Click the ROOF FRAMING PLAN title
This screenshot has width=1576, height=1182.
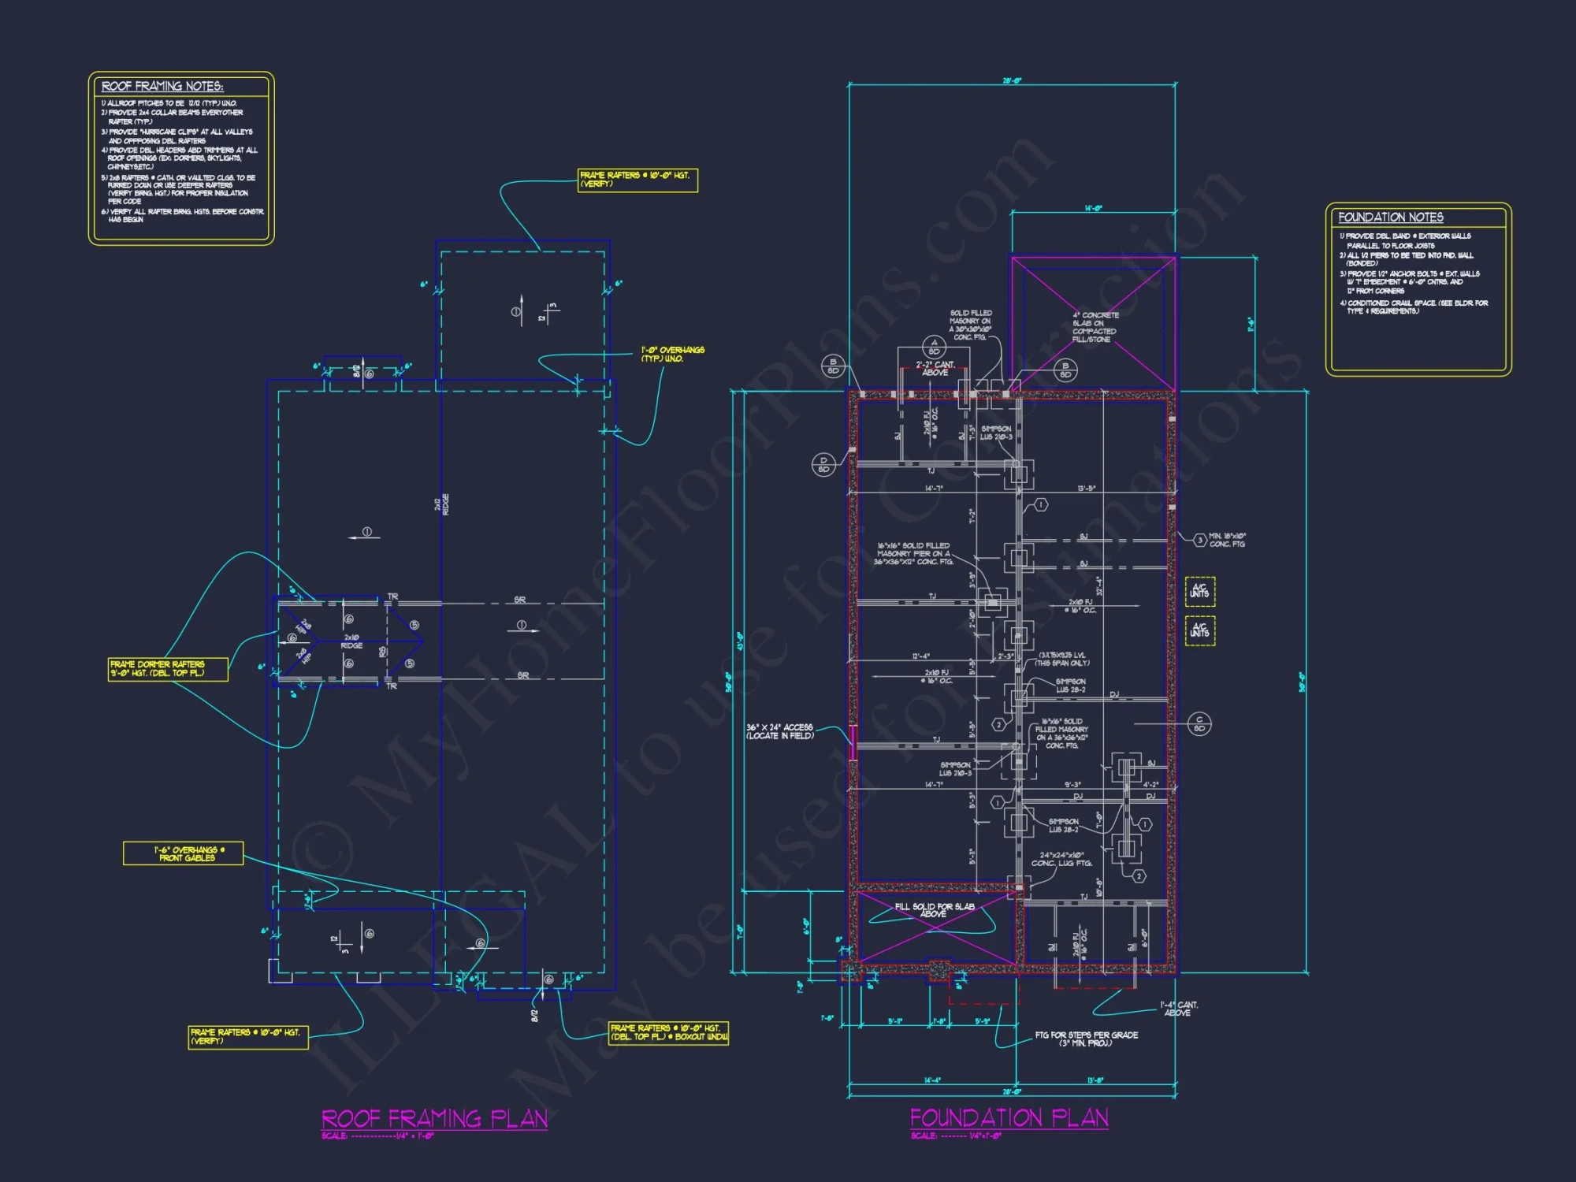434,1119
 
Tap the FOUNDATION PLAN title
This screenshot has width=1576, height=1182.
1009,1118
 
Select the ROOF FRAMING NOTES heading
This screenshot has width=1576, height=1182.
162,87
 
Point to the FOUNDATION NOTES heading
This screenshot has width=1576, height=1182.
1391,217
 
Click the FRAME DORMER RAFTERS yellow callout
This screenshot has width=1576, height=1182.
168,669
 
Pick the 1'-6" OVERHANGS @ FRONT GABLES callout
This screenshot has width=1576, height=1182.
184,853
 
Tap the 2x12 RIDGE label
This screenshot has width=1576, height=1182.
442,504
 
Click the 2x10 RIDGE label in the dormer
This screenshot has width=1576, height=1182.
351,641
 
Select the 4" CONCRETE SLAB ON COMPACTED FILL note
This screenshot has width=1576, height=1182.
1095,327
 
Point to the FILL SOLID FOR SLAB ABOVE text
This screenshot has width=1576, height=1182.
934,910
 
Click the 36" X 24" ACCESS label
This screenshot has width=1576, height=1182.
780,731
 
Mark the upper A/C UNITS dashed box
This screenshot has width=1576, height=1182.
1199,591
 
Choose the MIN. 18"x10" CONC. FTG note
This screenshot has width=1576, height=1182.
1227,540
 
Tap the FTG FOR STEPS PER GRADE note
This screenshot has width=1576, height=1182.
1086,1039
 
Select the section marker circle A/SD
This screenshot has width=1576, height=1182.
934,347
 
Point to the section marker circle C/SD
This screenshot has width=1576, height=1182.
1199,723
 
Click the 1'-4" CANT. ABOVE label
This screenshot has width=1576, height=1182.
1179,1009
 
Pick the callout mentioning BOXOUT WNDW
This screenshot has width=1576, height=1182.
669,1032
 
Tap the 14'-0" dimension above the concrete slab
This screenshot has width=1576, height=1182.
1093,209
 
